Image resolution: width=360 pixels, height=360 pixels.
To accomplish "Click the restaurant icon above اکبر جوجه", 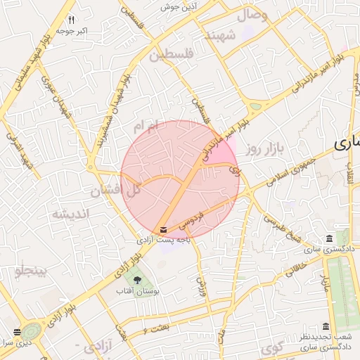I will point(72,20).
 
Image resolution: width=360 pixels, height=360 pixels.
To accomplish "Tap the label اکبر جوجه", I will point(72,31).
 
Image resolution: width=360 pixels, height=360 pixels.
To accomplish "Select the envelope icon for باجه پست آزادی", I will point(164,230).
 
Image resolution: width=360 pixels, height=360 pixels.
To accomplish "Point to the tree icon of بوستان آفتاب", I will point(138,280).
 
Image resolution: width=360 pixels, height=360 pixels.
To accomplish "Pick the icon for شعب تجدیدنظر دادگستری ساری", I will point(325,326).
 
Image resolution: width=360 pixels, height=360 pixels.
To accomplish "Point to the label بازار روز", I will point(264,149).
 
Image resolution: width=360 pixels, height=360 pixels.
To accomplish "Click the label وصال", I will point(255,14).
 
